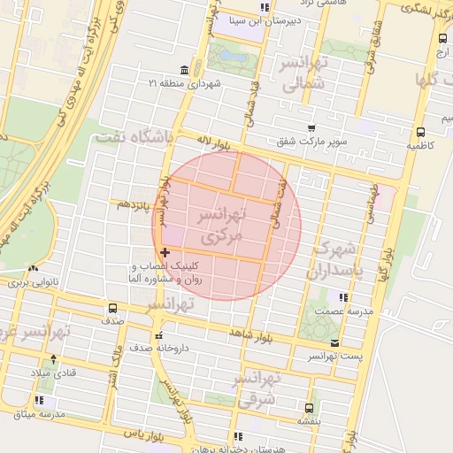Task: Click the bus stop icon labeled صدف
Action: [112, 308]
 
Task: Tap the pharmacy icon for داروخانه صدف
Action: [158, 336]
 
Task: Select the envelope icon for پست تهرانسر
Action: [334, 342]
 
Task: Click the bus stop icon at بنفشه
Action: [308, 408]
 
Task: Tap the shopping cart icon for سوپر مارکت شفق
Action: [311, 128]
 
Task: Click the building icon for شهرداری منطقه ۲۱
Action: [183, 70]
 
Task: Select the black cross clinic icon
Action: [165, 253]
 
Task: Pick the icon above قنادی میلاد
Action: [53, 359]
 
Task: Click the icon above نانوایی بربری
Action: [33, 268]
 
